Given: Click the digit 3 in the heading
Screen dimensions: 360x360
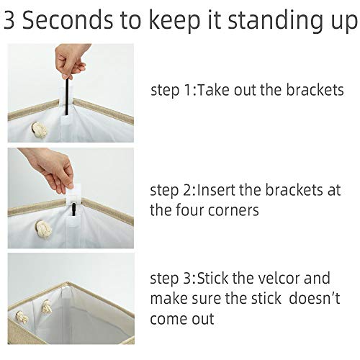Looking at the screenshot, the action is point(9,19).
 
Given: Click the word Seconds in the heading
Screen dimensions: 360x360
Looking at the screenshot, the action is point(67,19).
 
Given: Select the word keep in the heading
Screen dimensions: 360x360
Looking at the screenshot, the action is point(174,22).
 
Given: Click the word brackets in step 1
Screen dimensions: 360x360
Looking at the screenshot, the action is point(315,90).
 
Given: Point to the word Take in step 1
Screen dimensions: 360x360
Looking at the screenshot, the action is point(212,90).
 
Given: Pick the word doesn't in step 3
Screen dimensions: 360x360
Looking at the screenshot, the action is point(315,298).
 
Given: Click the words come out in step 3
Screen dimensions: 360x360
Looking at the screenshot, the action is point(182,319).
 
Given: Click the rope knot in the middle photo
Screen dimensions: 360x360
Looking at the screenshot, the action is point(43,228).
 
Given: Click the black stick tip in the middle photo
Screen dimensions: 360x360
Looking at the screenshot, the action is point(73,204).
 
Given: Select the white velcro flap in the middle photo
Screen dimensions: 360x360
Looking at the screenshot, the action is point(73,193).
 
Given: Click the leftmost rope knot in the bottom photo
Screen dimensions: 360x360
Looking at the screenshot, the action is point(22,318).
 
